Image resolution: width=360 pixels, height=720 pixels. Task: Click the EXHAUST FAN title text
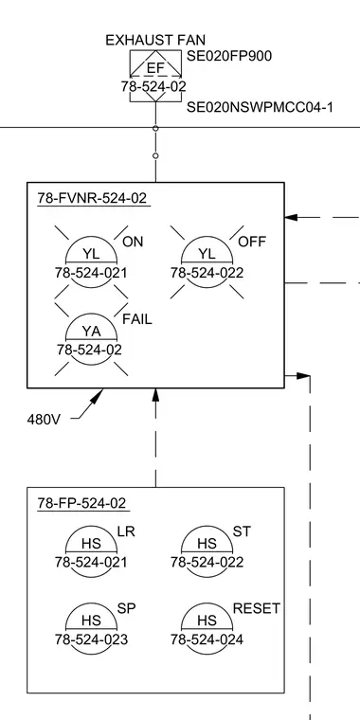155,41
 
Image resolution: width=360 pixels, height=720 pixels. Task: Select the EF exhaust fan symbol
155,76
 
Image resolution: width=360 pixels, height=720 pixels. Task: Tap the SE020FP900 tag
229,56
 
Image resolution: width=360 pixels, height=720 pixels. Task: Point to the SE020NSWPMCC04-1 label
260,107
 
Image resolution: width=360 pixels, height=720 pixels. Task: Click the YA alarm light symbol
91,340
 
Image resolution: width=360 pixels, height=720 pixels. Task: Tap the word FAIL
136,319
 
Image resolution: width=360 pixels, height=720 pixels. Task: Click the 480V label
44,420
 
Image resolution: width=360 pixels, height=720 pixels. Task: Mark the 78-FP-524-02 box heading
81,503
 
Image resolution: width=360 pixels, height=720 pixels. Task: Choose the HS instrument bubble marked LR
91,551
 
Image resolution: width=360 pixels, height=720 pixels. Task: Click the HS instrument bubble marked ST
207,551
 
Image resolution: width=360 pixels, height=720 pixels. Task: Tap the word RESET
257,609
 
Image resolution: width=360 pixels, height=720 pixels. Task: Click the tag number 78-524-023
91,639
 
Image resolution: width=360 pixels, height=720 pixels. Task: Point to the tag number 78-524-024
207,639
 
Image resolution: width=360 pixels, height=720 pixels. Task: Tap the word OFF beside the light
252,242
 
